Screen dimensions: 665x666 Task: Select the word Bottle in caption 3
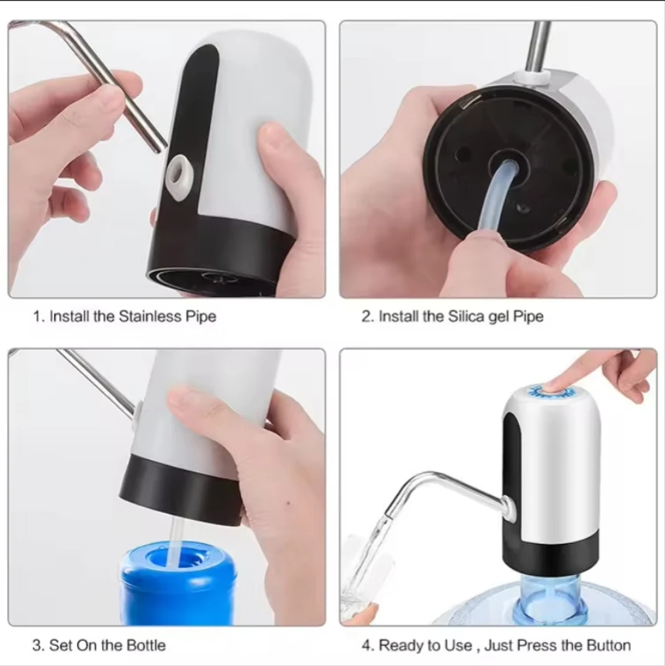pos(146,645)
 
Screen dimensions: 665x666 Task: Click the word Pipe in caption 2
pos(528,317)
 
